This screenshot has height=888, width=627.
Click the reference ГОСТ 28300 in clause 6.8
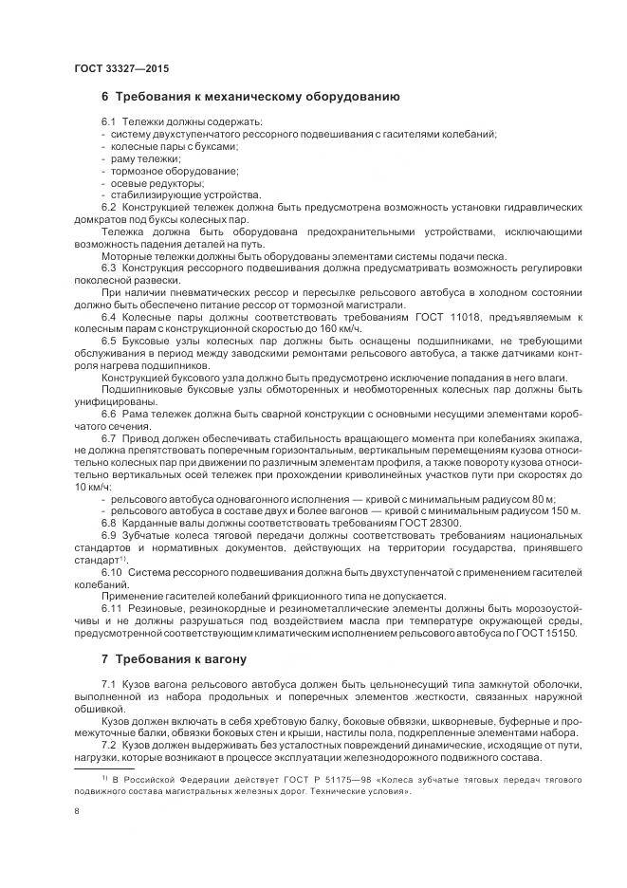pos(430,523)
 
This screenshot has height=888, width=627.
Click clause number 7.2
pos(109,745)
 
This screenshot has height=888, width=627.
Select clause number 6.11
pos(113,609)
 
